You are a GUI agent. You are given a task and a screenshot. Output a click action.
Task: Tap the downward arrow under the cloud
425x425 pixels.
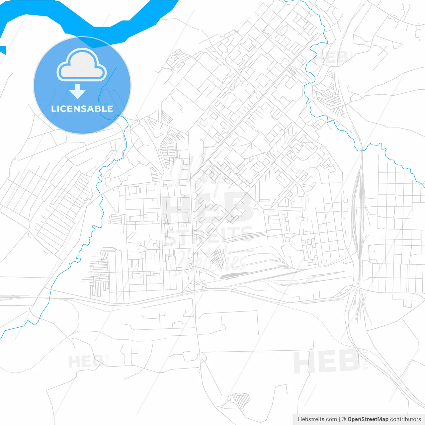click(x=78, y=91)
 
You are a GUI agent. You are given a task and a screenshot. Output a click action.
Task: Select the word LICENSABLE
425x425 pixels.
click(x=82, y=109)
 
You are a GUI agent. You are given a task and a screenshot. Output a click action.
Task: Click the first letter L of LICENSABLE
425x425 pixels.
click(x=53, y=109)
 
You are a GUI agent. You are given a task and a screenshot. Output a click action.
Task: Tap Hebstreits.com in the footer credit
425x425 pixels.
click(x=317, y=419)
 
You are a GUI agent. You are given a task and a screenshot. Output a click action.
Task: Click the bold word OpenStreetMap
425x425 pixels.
click(x=368, y=419)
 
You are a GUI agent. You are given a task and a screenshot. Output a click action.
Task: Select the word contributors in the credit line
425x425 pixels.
click(x=405, y=419)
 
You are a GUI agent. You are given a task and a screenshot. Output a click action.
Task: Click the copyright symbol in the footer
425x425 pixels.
click(x=344, y=419)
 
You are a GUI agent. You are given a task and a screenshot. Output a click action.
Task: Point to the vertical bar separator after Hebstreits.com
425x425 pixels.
click(x=339, y=419)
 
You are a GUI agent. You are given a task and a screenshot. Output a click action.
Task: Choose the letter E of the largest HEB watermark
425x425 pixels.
click(x=208, y=208)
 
